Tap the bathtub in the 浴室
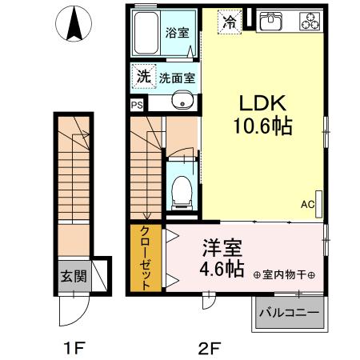click(146, 34)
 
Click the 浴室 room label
click(176, 34)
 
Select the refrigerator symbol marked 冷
click(230, 22)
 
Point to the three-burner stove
click(308, 22)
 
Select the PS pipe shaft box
click(136, 103)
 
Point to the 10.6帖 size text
click(262, 127)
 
